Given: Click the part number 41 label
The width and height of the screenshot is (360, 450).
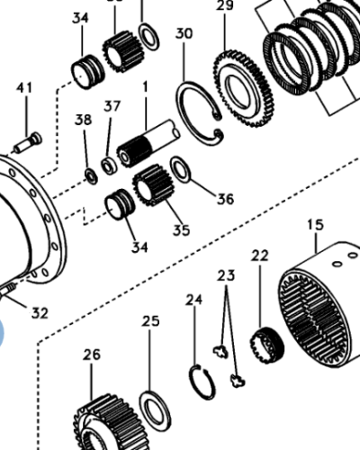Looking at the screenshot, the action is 24,88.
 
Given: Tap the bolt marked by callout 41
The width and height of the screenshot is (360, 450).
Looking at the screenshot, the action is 28,143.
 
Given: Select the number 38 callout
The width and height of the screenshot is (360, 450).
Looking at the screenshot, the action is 83,120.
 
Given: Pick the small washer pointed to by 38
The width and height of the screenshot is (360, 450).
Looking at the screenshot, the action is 91,176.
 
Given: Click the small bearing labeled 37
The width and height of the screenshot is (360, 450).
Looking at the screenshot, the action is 109,166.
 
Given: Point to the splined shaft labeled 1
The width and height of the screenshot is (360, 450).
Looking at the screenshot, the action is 148,143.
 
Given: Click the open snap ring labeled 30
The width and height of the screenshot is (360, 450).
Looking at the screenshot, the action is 200,113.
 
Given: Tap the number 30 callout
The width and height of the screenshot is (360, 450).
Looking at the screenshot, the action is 184,33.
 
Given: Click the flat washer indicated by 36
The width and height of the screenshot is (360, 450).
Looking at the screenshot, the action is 181,169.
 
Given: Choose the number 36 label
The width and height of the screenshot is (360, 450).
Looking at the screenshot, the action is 225,199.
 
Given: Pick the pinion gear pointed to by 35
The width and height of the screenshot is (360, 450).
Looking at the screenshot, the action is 153,185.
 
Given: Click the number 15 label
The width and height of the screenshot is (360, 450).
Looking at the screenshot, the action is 315,225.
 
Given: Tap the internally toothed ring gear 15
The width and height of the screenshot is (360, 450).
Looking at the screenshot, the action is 318,304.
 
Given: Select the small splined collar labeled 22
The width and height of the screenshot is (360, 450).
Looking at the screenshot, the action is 267,346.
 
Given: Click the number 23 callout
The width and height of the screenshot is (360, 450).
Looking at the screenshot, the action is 226,275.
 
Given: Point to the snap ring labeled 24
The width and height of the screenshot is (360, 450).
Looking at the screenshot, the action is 202,382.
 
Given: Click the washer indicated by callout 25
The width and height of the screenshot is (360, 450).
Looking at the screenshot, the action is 155,412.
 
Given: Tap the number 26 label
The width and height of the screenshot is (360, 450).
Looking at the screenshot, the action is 92,355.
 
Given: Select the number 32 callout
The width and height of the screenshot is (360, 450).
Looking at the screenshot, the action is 40,313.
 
